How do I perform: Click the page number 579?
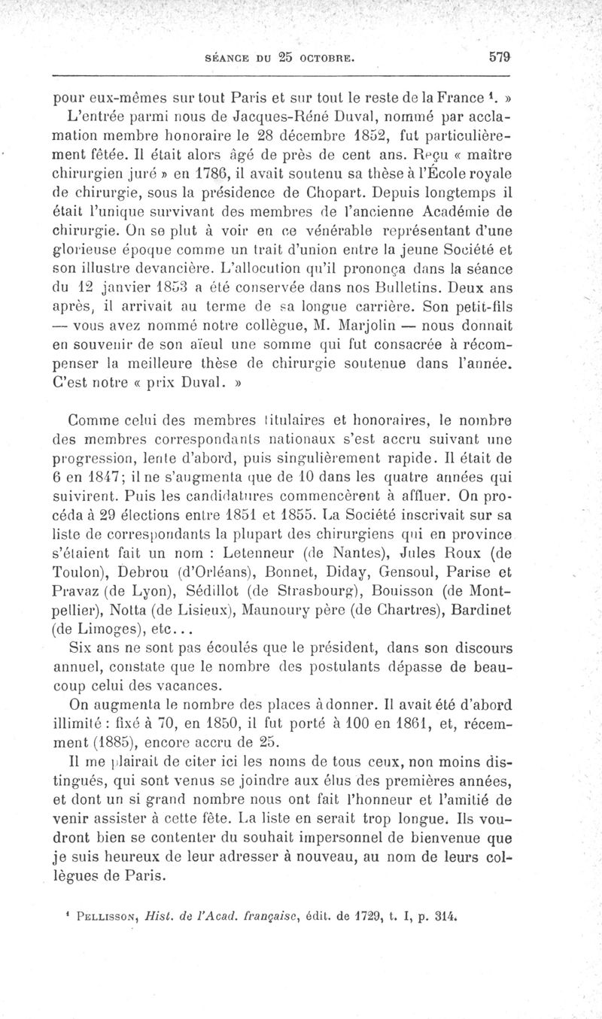(499, 55)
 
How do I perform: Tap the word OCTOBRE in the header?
(325, 56)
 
